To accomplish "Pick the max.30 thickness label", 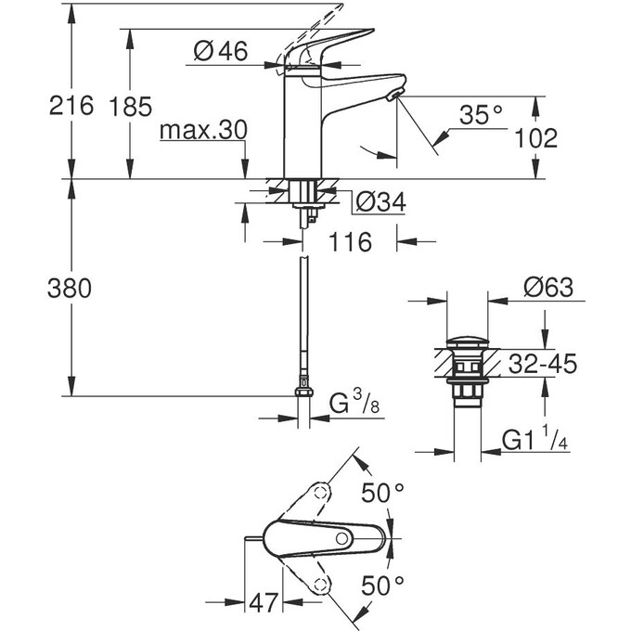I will pyautogui.click(x=202, y=131).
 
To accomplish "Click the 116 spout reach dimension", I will pyautogui.click(x=350, y=243).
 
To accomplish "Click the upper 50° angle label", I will pyautogui.click(x=382, y=494).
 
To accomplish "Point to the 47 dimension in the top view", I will pyautogui.click(x=264, y=603).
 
